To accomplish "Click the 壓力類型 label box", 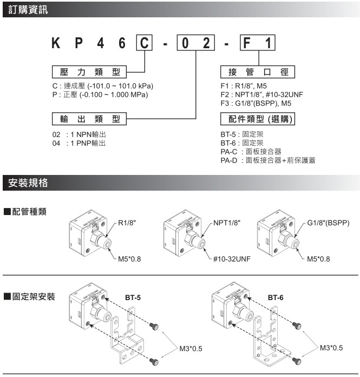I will pos(89,72).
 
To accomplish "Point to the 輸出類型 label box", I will pos(89,119).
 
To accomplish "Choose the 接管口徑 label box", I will pos(258,72).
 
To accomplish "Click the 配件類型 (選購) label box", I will pos(258,119).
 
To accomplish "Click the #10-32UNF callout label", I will pos(231,259).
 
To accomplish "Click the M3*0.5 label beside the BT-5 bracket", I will pos(191,349).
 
